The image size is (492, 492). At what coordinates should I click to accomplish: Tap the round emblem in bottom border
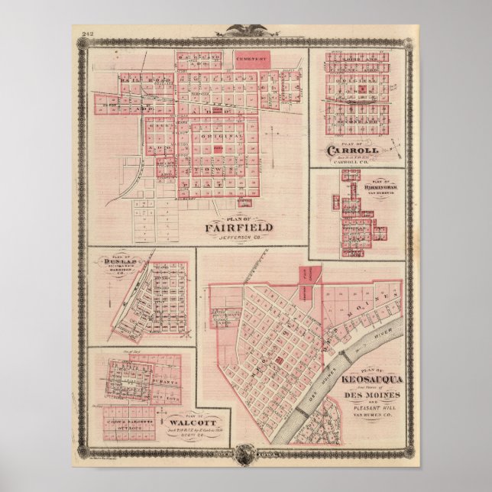point(246,458)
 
